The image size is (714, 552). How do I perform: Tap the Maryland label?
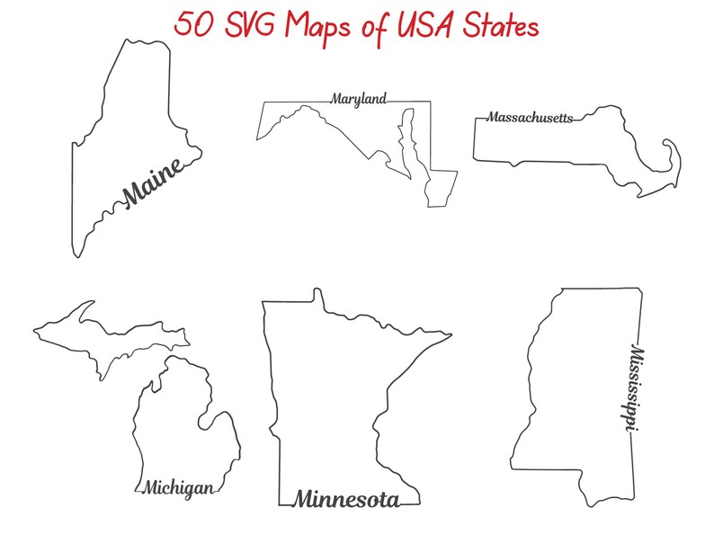(358, 98)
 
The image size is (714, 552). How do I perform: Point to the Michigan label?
(178, 488)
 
